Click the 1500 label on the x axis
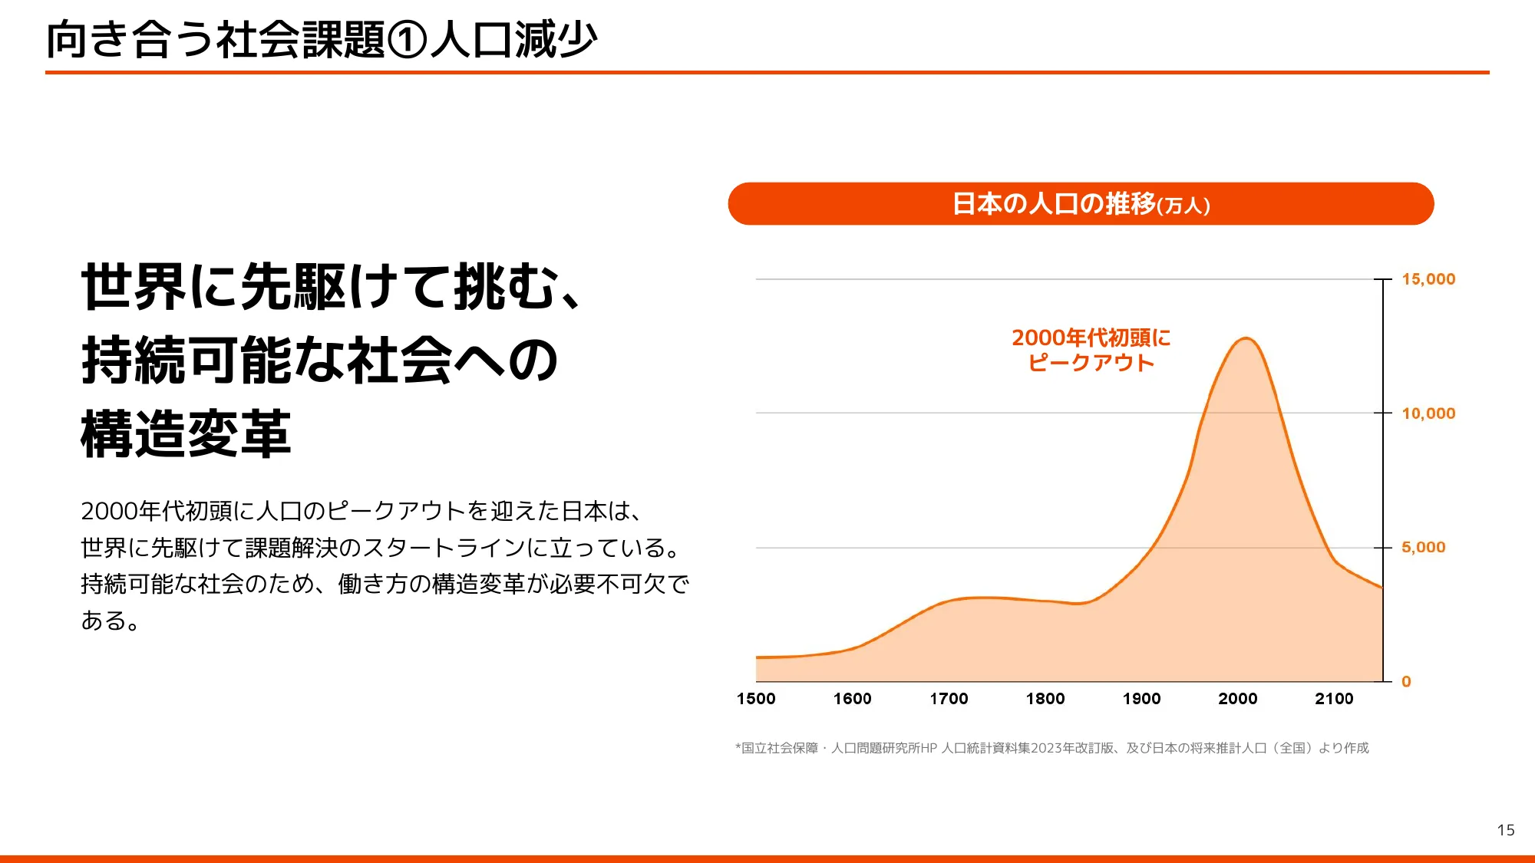pyautogui.click(x=756, y=699)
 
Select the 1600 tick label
pyautogui.click(x=852, y=699)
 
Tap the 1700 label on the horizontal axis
pyautogui.click(x=949, y=699)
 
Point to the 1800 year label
pyautogui.click(x=1045, y=699)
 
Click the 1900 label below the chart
pyautogui.click(x=1141, y=699)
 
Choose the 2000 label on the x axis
pyautogui.click(x=1238, y=699)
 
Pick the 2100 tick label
pyautogui.click(x=1334, y=699)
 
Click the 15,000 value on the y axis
pyautogui.click(x=1428, y=279)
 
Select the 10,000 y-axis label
pyautogui.click(x=1428, y=413)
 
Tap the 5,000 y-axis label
pyautogui.click(x=1423, y=548)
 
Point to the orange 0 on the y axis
pyautogui.click(x=1406, y=681)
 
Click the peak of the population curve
pyautogui.click(x=1246, y=338)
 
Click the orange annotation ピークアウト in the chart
pyautogui.click(x=1091, y=363)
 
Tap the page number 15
pyautogui.click(x=1505, y=830)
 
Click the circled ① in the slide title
pyautogui.click(x=407, y=40)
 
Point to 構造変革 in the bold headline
pyautogui.click(x=186, y=434)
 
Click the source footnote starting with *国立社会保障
pyautogui.click(x=1051, y=748)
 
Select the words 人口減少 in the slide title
pyautogui.click(x=513, y=40)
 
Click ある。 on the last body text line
pyautogui.click(x=111, y=620)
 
